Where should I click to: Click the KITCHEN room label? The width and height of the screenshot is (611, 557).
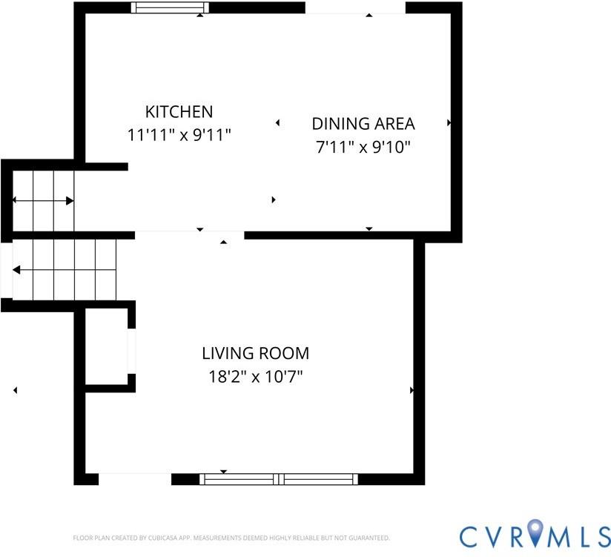[x=179, y=112]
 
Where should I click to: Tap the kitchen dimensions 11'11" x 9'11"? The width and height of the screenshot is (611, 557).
[x=179, y=135]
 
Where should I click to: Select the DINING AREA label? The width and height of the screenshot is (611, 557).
[x=363, y=124]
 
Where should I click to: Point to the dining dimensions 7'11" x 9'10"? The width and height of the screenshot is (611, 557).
[x=363, y=148]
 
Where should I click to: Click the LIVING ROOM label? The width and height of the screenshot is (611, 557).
[x=256, y=354]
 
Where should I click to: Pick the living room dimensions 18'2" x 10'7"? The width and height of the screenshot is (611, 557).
[x=256, y=377]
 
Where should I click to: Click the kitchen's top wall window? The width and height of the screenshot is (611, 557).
[x=170, y=7]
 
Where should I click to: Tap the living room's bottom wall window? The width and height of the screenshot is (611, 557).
[x=279, y=479]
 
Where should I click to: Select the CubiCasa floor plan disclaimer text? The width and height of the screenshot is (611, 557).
[x=231, y=538]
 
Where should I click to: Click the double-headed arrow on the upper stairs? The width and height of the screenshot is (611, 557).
[x=43, y=201]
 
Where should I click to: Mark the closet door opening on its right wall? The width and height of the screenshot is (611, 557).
[x=132, y=352]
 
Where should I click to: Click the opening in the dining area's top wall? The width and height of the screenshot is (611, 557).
[x=355, y=8]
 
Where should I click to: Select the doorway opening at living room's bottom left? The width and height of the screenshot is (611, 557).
[x=135, y=479]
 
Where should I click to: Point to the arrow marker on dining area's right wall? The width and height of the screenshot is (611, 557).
[x=449, y=123]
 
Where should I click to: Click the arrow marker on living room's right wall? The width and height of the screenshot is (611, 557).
[x=412, y=390]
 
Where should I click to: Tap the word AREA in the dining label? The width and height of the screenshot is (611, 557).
[x=394, y=124]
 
